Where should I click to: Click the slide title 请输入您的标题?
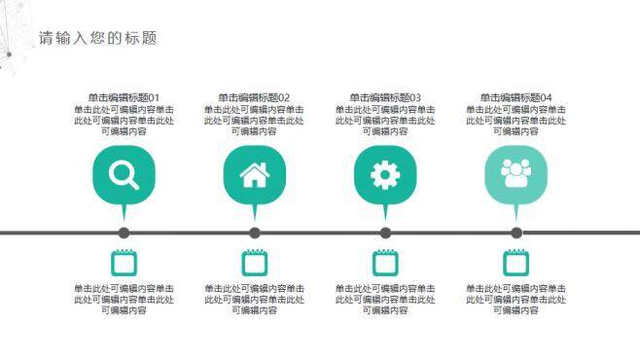coord(97,39)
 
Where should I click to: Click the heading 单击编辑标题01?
coord(124,97)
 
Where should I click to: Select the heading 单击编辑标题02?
coord(254,97)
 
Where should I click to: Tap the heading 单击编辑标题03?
coord(385,97)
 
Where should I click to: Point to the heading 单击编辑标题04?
coord(516,97)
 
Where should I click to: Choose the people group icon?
coord(516,174)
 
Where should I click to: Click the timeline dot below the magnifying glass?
coord(124,233)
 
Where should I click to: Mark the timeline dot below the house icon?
coord(255,233)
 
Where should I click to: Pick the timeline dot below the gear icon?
coord(385,233)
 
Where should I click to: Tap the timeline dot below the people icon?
coord(516,233)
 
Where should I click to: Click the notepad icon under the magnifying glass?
coord(124,262)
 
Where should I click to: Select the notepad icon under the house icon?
coord(255,262)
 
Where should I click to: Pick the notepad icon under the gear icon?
coord(385,262)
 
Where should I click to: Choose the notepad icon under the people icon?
coord(516,262)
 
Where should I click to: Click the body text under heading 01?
coord(124,121)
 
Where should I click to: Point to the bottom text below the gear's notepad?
coord(385,299)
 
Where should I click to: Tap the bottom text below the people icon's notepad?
coord(516,299)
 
